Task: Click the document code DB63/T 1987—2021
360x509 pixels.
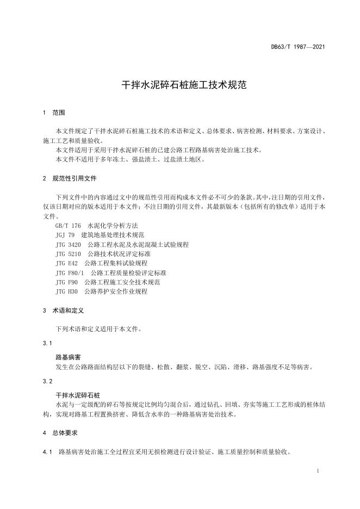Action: (298, 47)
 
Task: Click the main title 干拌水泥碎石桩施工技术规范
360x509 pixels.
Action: (180, 85)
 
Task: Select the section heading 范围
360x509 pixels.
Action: (58, 113)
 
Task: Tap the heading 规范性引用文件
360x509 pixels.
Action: (75, 178)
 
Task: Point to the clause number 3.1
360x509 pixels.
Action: (47, 344)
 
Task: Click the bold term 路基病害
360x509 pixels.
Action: (68, 357)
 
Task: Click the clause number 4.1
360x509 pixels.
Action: (47, 452)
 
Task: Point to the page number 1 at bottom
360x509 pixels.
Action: (317, 470)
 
